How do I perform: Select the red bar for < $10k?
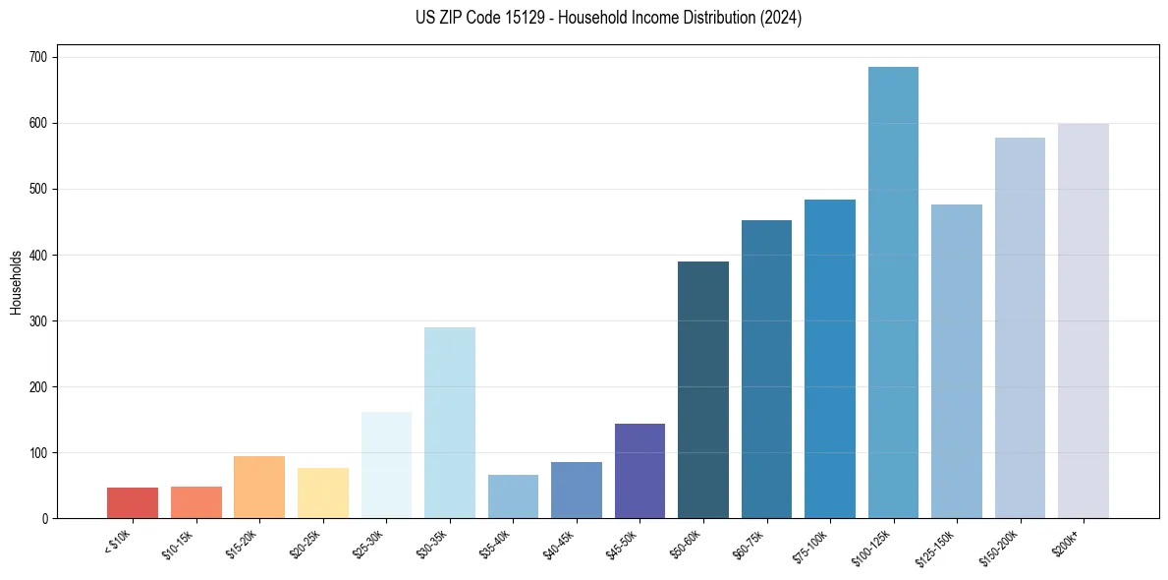pyautogui.click(x=133, y=502)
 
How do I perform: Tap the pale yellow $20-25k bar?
pyautogui.click(x=323, y=493)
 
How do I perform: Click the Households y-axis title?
pyautogui.click(x=17, y=282)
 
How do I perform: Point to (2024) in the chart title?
pyautogui.click(x=782, y=18)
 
